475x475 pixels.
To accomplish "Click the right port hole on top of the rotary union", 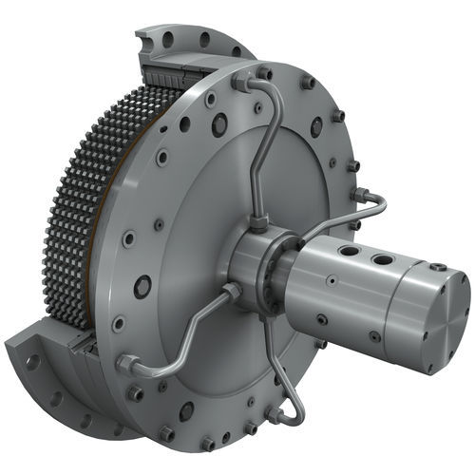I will pos(382,258).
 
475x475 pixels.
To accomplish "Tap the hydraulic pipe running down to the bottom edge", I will pos(285,380).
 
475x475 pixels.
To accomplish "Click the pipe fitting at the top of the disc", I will pos(238,84).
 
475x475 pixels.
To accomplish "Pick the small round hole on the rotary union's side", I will pos(330,281).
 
